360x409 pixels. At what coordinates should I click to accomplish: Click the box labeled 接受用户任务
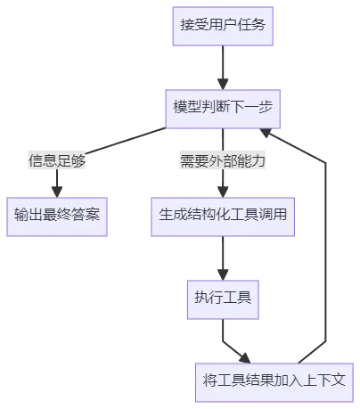[223, 26]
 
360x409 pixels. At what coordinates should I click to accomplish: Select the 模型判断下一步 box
[223, 109]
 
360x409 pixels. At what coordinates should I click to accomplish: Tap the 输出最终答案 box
[57, 217]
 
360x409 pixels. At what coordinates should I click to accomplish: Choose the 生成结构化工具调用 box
[223, 217]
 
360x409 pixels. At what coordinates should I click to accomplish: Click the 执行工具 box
[223, 299]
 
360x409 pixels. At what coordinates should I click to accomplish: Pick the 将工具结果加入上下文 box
[274, 382]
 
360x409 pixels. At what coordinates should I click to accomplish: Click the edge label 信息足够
[57, 160]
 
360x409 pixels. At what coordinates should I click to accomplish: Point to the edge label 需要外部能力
[223, 160]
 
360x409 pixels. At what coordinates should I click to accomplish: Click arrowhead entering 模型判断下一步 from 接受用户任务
[223, 84]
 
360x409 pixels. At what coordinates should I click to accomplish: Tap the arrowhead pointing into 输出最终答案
[57, 192]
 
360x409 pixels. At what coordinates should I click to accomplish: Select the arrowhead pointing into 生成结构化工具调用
[223, 192]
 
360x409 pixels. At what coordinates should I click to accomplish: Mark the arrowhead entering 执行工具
[223, 274]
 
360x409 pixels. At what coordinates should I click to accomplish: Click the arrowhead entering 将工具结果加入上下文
[245, 358]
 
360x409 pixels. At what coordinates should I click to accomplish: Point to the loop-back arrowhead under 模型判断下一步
[266, 133]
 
